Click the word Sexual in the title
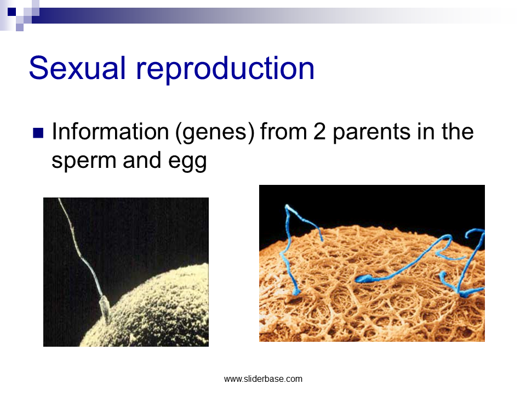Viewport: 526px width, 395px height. (77, 68)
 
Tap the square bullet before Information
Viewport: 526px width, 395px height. (38, 133)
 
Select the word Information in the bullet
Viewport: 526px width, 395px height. (110, 131)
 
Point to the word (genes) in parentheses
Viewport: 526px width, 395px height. (215, 133)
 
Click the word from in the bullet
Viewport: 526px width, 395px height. (284, 131)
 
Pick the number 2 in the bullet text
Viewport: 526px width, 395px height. (319, 132)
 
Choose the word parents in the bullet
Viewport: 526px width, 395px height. (372, 133)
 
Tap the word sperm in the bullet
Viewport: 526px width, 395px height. (84, 161)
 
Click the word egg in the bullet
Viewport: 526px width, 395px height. (187, 162)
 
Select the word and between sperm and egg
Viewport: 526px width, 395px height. (142, 160)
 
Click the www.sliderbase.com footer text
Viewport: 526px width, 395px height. (264, 379)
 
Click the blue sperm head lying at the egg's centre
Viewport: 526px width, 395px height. (364, 279)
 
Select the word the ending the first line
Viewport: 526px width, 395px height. (458, 131)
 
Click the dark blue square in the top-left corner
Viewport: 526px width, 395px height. (12, 12)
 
